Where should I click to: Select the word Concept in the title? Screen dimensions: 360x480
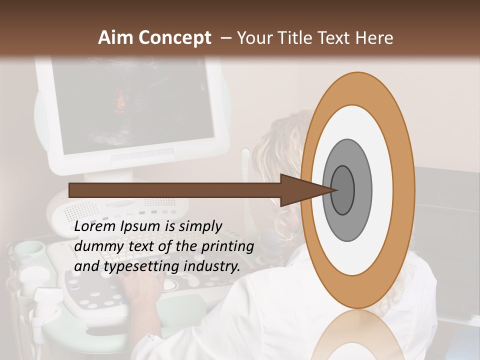(x=175, y=38)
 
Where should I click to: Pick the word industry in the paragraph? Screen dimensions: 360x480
(x=210, y=266)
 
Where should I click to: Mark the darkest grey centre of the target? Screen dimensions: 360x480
(x=343, y=190)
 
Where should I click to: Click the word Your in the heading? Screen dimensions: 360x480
(x=253, y=38)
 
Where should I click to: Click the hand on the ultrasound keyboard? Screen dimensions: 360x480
(x=142, y=290)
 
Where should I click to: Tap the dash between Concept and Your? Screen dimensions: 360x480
(x=225, y=38)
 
